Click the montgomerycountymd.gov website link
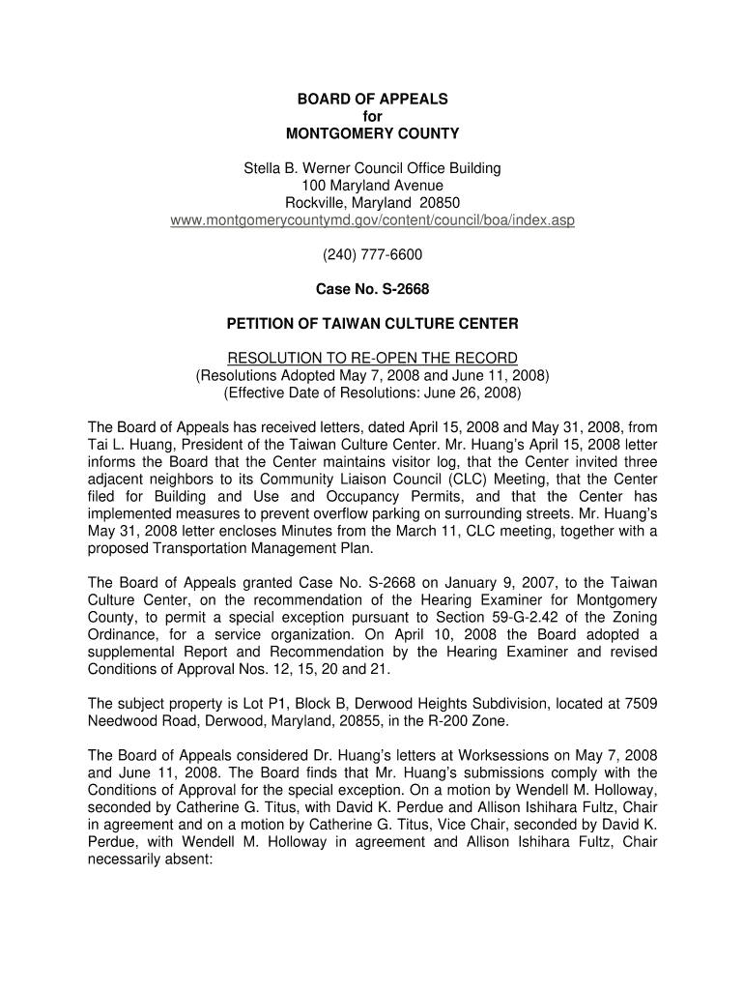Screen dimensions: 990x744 [372, 220]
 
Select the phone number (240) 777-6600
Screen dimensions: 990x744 [372, 255]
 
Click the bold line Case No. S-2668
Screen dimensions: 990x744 [372, 289]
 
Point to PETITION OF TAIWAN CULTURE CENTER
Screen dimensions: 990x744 [372, 323]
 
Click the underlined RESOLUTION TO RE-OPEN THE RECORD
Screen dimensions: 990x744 [372, 358]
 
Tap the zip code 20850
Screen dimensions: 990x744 [440, 203]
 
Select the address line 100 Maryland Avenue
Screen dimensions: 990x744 [372, 186]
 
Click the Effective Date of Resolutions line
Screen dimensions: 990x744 [372, 393]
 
